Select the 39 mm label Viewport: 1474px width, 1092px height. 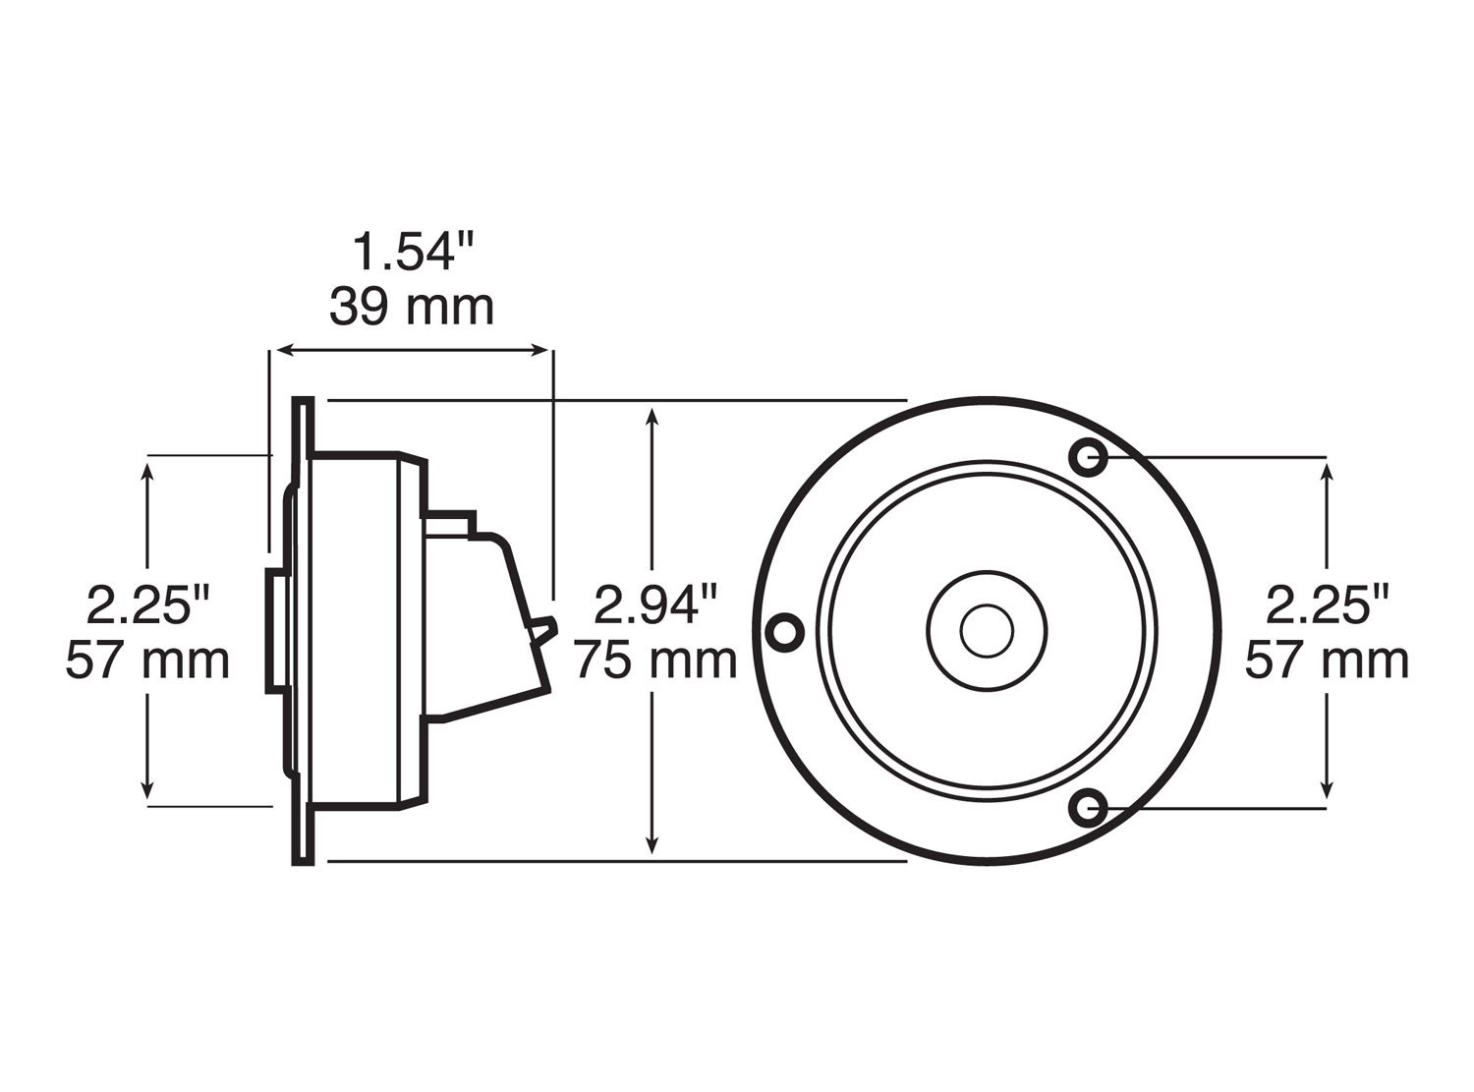412,307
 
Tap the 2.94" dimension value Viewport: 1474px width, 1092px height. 655,603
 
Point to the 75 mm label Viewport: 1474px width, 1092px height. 655,660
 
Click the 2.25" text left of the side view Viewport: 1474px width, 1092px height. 148,603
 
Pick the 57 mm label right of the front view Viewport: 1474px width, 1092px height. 1327,660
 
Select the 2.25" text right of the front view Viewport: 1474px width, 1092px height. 1327,603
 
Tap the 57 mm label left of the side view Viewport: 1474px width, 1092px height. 148,660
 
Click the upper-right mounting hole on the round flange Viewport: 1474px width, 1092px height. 1088,456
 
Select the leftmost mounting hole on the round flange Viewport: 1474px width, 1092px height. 784,631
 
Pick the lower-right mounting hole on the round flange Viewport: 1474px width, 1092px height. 1088,808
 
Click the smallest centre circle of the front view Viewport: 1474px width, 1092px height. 987,631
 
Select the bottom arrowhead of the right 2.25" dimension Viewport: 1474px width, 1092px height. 1327,791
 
